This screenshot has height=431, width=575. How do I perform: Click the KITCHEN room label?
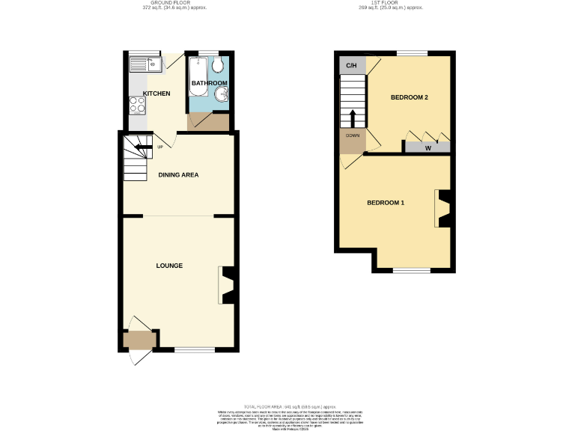tap(156, 94)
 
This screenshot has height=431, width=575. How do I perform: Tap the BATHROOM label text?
tap(209, 83)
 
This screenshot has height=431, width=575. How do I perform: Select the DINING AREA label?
tap(178, 175)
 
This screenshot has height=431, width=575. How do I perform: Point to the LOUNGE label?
tap(169, 266)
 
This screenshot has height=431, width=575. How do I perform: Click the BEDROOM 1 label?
tap(386, 203)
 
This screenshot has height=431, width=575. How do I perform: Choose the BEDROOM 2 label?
tap(410, 98)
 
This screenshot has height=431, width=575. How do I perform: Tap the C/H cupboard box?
tap(351, 66)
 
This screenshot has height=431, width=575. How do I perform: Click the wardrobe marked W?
tap(428, 147)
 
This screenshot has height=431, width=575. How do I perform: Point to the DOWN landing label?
tap(352, 136)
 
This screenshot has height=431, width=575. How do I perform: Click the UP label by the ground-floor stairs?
tap(159, 147)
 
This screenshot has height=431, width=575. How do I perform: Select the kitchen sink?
tap(144, 65)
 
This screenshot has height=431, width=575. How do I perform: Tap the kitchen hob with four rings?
tap(138, 106)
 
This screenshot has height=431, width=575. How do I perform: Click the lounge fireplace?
tap(227, 285)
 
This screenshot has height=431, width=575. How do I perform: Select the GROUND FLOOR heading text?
tap(174, 3)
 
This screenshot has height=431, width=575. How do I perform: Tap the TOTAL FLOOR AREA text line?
tap(287, 404)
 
